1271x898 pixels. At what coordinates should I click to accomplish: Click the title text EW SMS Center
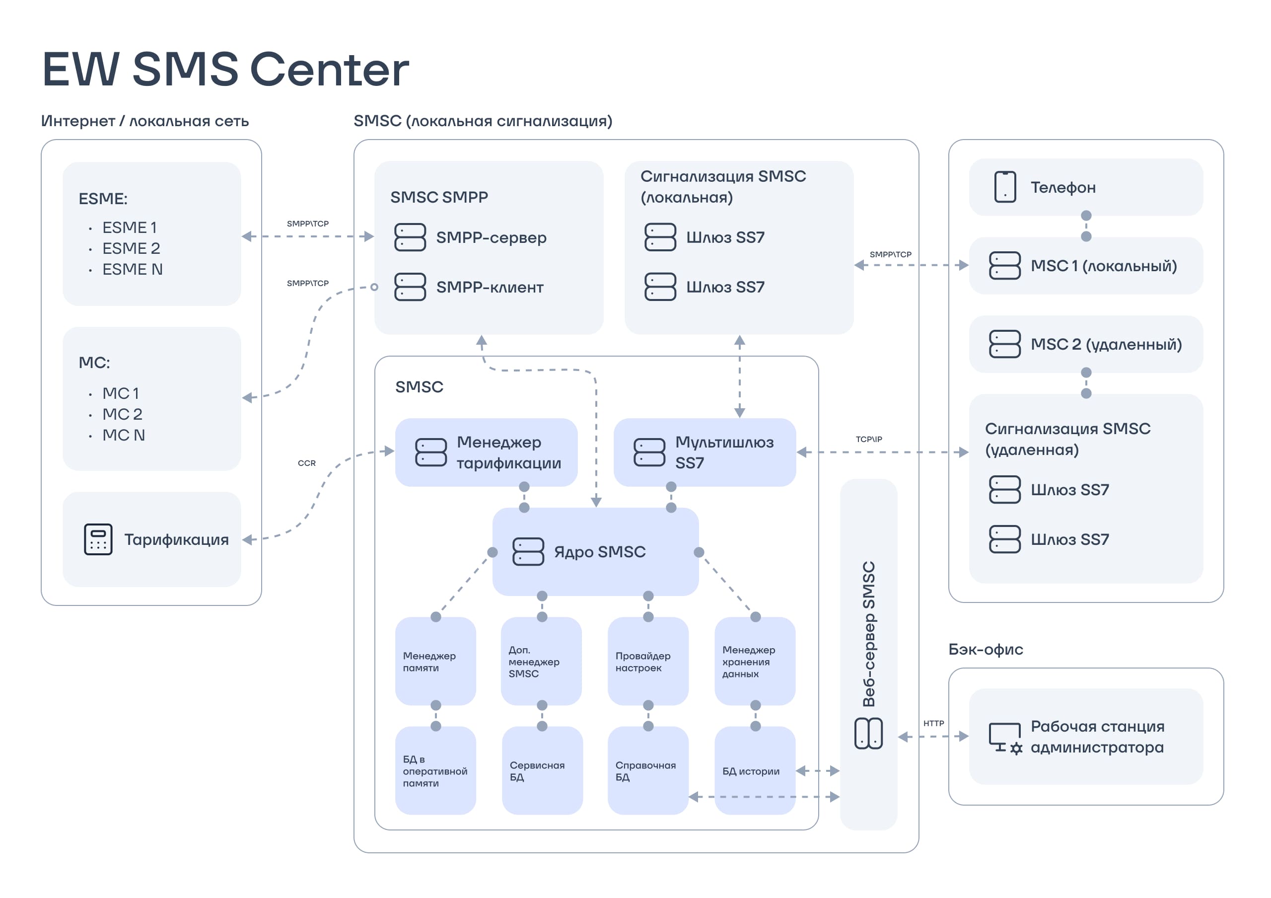point(225,69)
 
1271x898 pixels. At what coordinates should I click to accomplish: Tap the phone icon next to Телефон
point(1005,187)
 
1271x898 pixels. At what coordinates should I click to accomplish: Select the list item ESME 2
point(131,248)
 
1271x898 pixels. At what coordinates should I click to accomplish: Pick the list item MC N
point(124,435)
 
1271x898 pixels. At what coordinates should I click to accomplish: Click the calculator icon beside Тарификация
point(98,539)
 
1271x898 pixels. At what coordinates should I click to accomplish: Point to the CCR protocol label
point(307,463)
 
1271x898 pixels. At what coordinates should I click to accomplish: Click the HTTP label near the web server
point(933,723)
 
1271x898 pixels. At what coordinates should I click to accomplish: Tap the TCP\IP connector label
point(868,439)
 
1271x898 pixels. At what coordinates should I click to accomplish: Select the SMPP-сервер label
point(491,237)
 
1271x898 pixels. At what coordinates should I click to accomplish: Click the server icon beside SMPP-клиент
point(410,287)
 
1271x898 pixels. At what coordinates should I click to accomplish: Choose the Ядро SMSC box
point(595,551)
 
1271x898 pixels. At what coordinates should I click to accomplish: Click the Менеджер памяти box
point(435,661)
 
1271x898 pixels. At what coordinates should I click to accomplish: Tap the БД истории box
point(755,771)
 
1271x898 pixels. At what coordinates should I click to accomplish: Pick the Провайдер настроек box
point(648,661)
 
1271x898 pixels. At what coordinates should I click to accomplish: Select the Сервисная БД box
point(542,771)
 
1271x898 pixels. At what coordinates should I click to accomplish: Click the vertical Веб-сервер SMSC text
point(868,634)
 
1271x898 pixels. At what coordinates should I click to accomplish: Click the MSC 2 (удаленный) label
point(1106,344)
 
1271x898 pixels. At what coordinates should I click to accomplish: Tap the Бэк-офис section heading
point(986,650)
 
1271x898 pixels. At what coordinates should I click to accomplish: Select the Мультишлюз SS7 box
point(705,452)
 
